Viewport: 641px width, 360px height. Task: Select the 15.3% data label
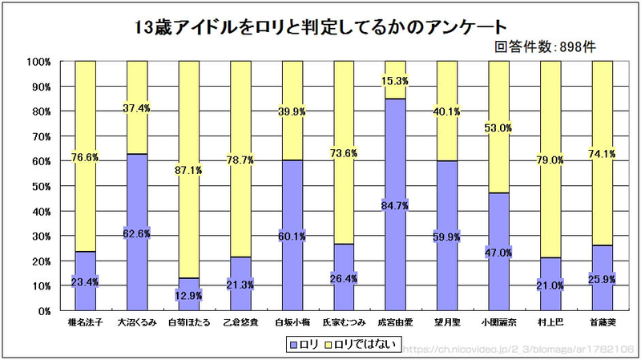pos(396,81)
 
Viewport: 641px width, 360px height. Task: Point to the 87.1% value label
pos(189,170)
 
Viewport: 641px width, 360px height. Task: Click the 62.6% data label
pos(137,234)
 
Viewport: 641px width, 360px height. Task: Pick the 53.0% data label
pos(499,127)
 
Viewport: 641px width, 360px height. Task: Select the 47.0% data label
pos(499,253)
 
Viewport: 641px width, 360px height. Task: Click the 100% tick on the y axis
pos(39,62)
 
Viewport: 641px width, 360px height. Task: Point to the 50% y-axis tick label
pos(42,186)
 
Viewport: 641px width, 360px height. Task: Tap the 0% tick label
pos(45,310)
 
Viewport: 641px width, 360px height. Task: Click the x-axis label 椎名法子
pos(85,323)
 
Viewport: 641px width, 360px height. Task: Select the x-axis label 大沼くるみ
pos(137,323)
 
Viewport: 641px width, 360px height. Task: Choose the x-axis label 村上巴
pos(550,323)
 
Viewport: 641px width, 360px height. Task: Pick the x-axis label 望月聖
pos(447,323)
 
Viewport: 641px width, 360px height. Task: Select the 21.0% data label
pos(550,285)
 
